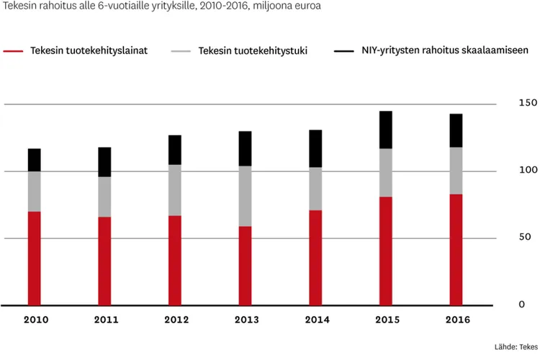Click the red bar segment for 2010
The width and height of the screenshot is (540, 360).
click(35, 258)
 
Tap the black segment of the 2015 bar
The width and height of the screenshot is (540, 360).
click(386, 130)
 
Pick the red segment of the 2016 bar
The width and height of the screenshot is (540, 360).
click(456, 249)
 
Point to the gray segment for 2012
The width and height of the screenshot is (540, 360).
click(175, 190)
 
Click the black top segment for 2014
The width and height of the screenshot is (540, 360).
click(315, 148)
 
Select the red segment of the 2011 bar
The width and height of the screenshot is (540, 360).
click(105, 261)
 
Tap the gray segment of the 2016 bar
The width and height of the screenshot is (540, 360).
click(456, 171)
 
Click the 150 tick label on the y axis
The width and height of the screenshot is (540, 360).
click(527, 103)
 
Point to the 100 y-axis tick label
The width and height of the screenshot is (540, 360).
click(527, 170)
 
